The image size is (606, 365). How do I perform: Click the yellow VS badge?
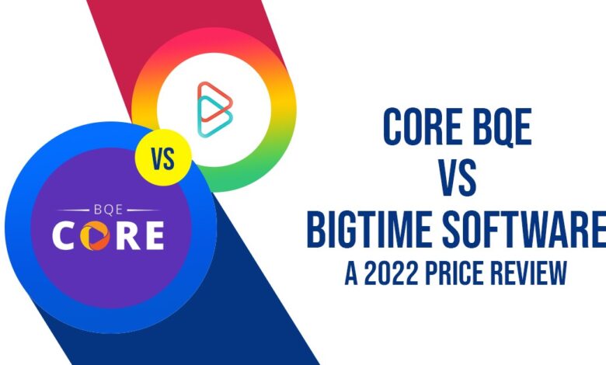click(163, 158)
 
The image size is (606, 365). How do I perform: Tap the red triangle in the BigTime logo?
click(215, 102)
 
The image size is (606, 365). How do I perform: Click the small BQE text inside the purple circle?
click(108, 210)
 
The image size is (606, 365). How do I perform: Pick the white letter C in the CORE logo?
click(64, 235)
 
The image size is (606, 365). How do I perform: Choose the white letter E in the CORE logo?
click(154, 235)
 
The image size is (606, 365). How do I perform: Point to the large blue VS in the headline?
click(458, 178)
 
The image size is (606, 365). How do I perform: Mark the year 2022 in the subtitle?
click(391, 273)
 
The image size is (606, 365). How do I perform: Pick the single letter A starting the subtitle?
click(351, 273)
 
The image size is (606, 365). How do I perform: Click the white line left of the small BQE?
click(74, 210)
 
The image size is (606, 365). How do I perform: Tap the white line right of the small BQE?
click(143, 210)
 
